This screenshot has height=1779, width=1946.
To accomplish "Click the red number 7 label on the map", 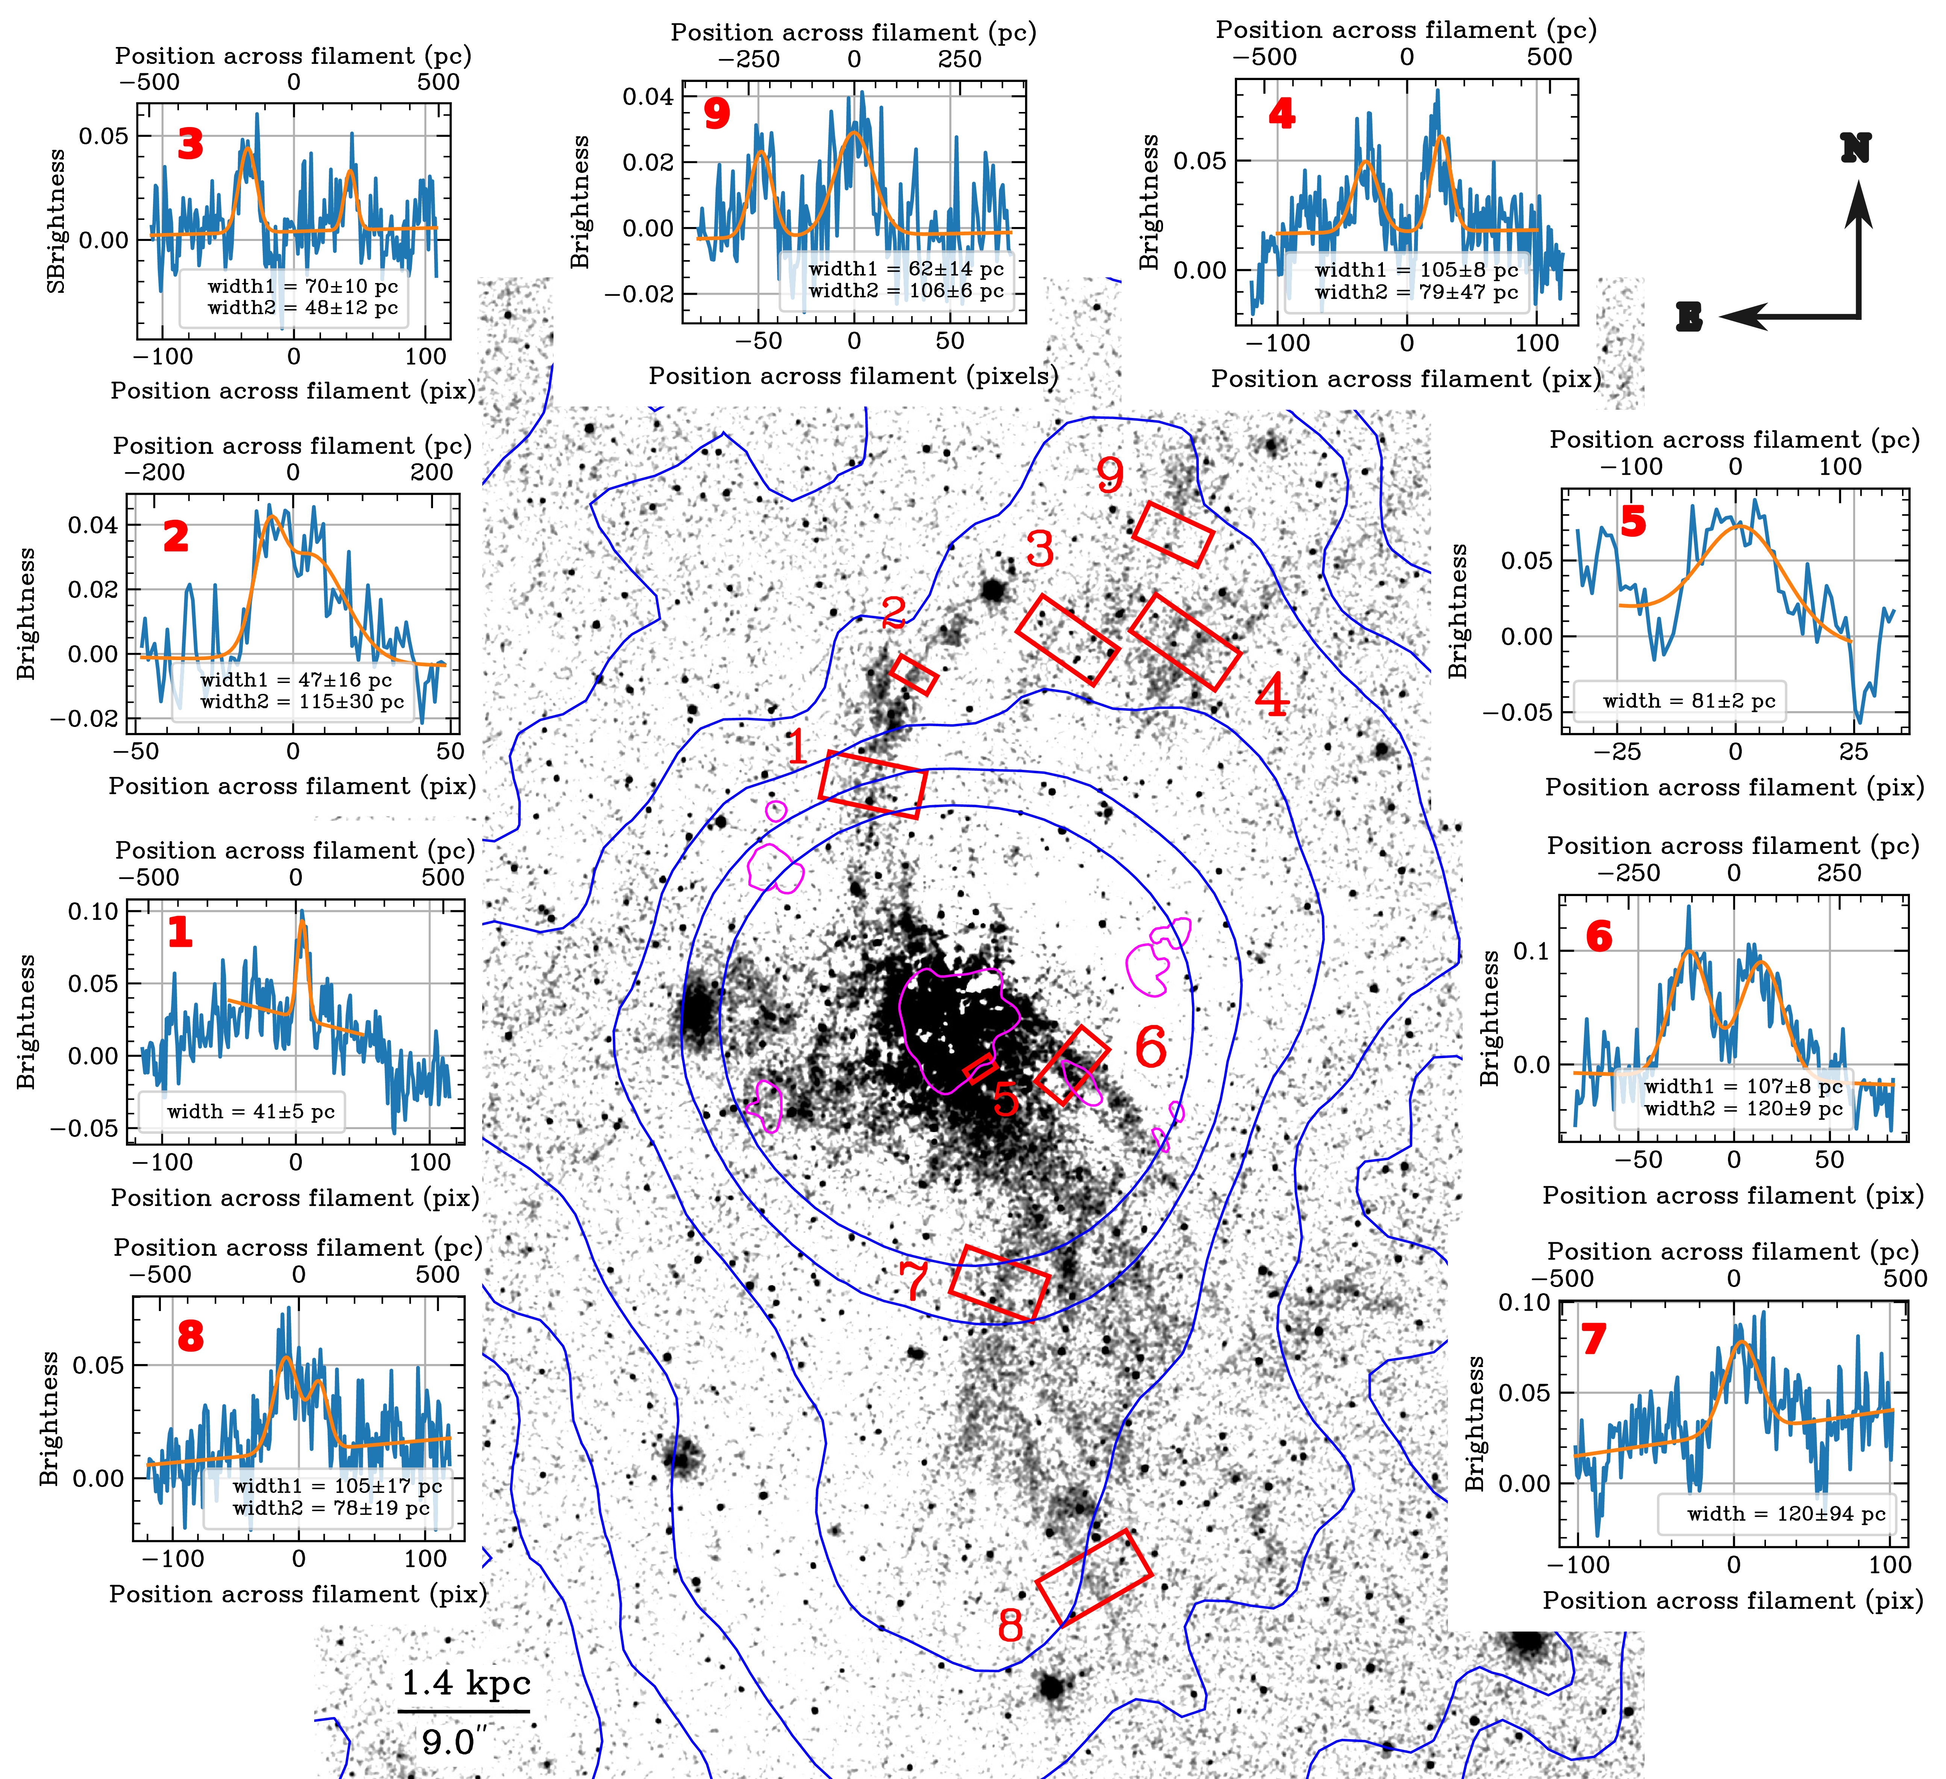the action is pyautogui.click(x=913, y=1280).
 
